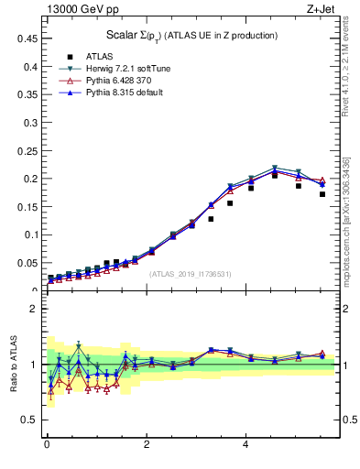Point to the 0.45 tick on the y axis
27,39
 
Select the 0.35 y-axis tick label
27,95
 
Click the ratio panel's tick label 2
34,309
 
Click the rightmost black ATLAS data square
322,194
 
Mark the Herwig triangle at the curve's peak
275,169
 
